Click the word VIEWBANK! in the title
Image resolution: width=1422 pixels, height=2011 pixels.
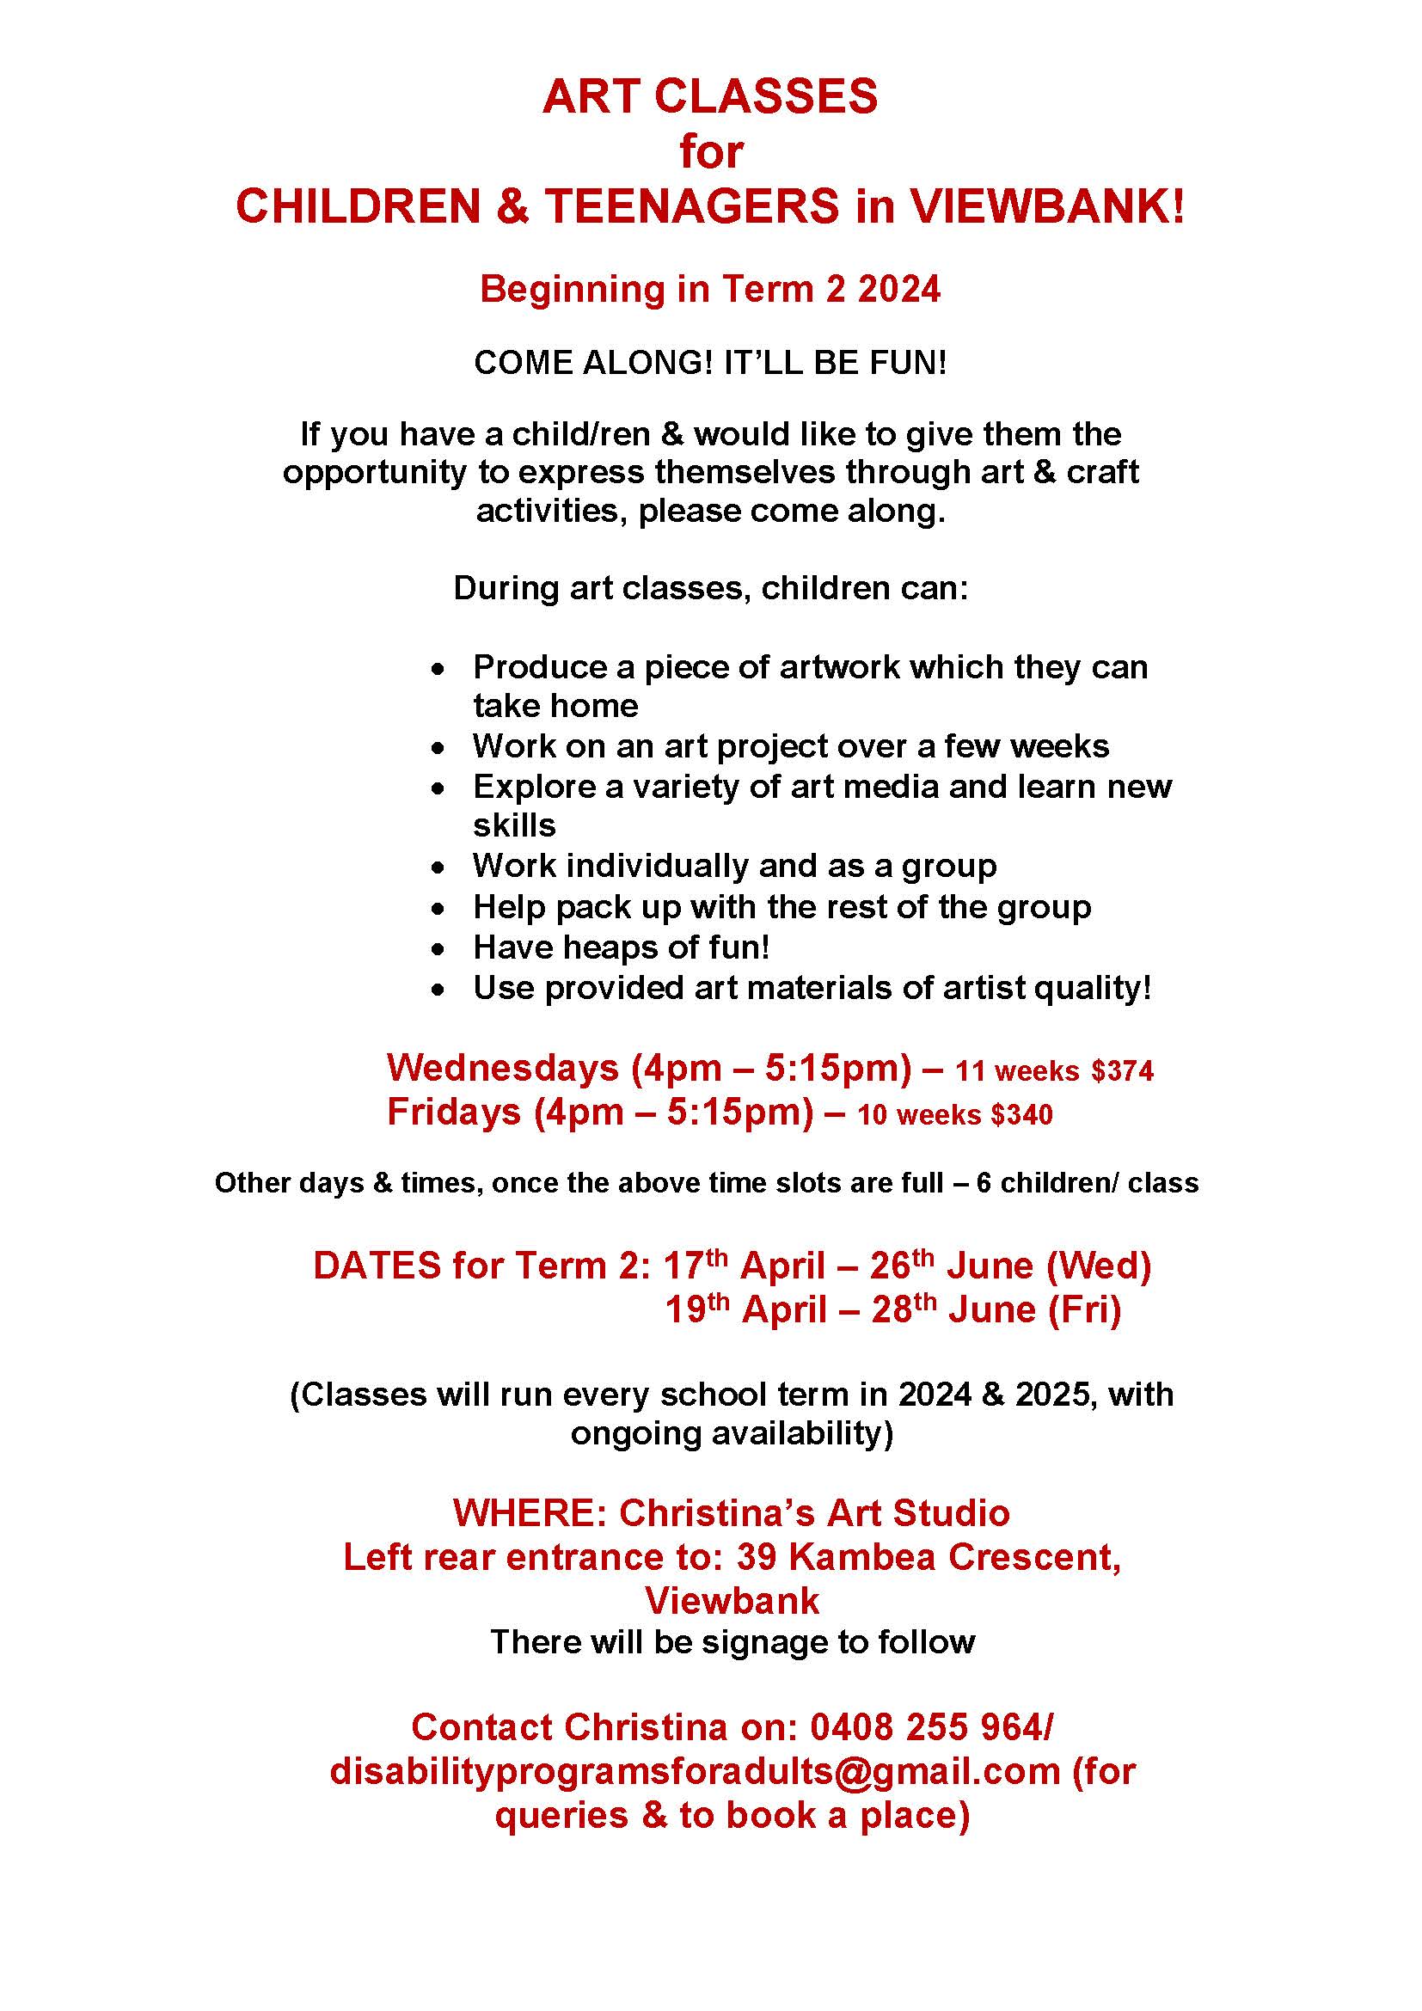(x=1046, y=205)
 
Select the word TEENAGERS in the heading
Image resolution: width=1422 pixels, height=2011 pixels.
(x=691, y=205)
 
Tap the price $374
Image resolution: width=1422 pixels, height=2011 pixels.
(x=1122, y=1070)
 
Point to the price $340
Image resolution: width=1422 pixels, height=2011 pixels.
(x=1021, y=1114)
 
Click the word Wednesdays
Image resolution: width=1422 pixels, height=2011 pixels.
(x=503, y=1068)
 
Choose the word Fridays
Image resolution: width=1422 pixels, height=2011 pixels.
(x=454, y=1112)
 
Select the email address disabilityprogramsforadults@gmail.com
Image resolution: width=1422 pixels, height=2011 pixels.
(x=695, y=1770)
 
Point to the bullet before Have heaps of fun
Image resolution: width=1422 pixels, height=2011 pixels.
(x=438, y=948)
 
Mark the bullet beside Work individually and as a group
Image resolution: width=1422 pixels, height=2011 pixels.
(x=438, y=868)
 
